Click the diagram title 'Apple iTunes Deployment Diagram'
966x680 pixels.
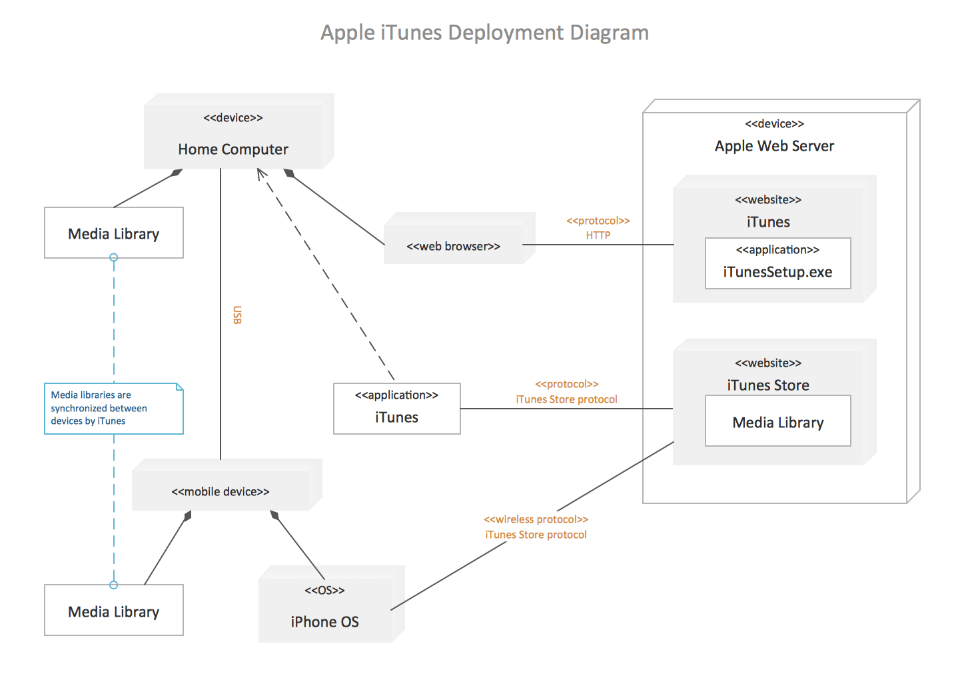coord(484,33)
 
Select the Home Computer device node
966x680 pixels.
coord(239,131)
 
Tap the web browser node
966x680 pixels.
coord(460,238)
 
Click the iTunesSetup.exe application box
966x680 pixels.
coord(778,263)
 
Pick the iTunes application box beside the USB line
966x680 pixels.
coord(397,409)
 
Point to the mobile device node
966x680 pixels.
coord(227,485)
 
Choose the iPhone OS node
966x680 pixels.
coord(332,604)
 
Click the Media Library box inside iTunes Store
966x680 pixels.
coord(778,421)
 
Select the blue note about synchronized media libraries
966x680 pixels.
coord(114,409)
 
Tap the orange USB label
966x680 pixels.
coord(237,315)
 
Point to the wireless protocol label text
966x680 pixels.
coord(536,527)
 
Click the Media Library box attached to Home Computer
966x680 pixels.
coord(114,233)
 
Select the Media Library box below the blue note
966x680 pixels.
coord(114,610)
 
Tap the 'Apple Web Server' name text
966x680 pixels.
coord(774,146)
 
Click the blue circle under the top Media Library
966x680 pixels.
coord(114,257)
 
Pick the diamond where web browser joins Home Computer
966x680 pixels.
coord(289,173)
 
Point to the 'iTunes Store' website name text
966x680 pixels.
coord(768,385)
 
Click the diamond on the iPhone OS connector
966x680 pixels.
coord(274,515)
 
